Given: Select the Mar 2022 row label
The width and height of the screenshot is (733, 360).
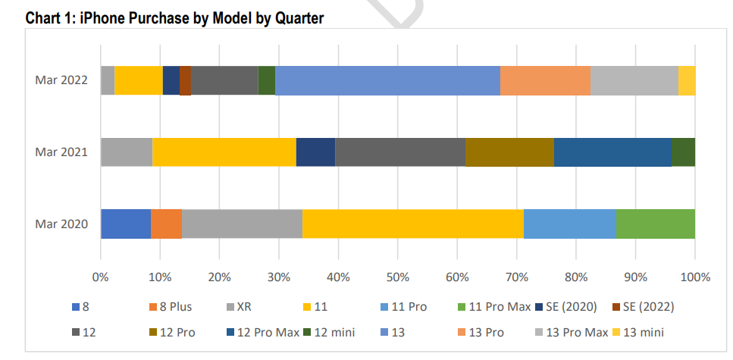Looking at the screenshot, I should pyautogui.click(x=61, y=80).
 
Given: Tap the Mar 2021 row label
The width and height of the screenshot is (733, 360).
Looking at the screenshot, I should pyautogui.click(x=61, y=152).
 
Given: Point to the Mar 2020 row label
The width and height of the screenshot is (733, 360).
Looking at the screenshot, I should pyautogui.click(x=61, y=224).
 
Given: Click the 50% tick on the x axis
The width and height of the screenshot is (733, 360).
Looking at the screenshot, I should pyautogui.click(x=398, y=277).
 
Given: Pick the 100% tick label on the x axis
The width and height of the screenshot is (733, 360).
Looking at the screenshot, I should pyautogui.click(x=695, y=277).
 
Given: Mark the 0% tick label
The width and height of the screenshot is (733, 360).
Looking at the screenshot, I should pyautogui.click(x=101, y=277).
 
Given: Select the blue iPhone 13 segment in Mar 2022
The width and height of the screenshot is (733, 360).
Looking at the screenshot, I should pyautogui.click(x=387, y=80).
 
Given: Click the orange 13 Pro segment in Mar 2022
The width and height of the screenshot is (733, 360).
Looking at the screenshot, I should pyautogui.click(x=545, y=80).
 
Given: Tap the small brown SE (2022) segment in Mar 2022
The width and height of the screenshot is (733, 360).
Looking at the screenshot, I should pyautogui.click(x=185, y=80).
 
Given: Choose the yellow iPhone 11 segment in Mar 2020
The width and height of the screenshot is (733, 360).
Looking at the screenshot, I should pyautogui.click(x=412, y=224).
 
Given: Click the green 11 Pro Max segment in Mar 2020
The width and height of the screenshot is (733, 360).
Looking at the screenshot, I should pyautogui.click(x=656, y=224).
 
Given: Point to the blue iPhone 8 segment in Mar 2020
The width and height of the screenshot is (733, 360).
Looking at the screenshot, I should pyautogui.click(x=126, y=224).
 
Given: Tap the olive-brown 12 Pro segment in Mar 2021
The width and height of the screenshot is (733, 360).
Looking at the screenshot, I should pyautogui.click(x=509, y=152).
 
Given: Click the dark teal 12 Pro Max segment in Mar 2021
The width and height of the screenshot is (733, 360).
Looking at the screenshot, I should pyautogui.click(x=612, y=152).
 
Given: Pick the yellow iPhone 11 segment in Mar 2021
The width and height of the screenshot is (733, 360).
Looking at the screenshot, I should pyautogui.click(x=224, y=152).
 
